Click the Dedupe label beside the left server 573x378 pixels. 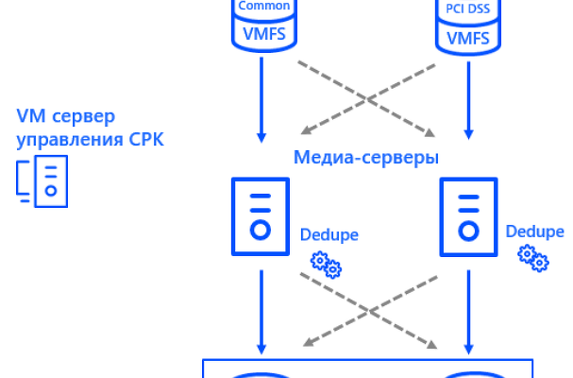329,233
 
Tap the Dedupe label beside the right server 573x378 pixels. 535,232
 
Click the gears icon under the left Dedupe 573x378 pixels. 327,265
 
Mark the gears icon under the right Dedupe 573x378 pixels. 532,255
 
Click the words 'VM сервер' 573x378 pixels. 65,117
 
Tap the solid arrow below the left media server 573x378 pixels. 261,307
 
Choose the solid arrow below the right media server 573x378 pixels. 466,307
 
